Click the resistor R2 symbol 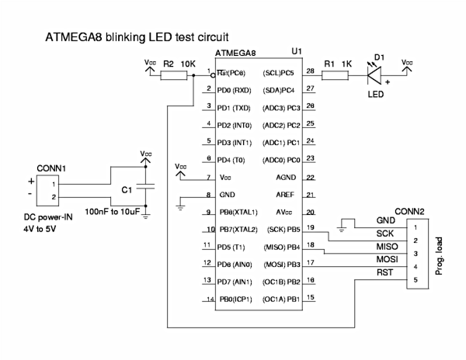tap(175, 76)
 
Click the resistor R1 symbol tap(336, 76)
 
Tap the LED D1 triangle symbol tap(377, 76)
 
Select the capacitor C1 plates tap(151, 187)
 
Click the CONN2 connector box tap(417, 253)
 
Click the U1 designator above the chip tap(296, 51)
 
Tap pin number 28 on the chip tap(309, 71)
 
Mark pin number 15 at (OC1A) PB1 tap(309, 298)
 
